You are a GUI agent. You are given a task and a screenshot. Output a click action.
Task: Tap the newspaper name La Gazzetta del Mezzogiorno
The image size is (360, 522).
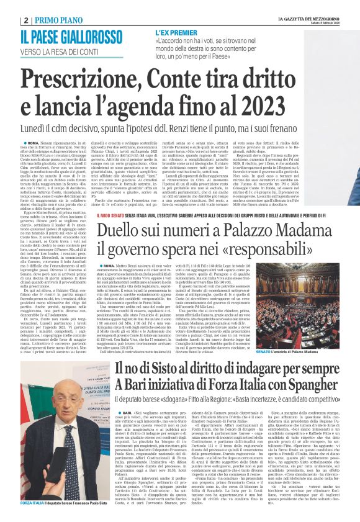click(x=300, y=18)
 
